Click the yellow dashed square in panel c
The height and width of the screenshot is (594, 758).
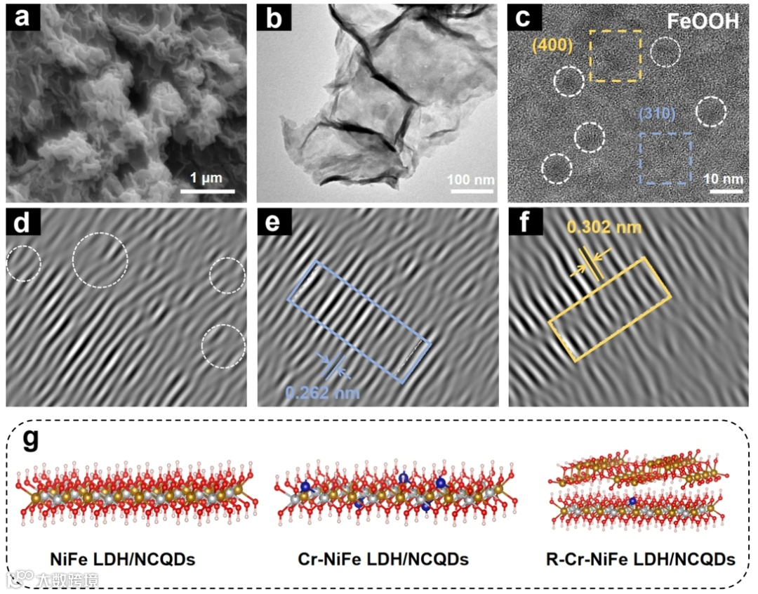point(615,56)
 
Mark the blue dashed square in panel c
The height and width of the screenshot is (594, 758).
point(665,158)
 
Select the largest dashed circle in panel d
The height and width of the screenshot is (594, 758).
point(100,260)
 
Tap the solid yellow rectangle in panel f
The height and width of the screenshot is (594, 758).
point(609,310)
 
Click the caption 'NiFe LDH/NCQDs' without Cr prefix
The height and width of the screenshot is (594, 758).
point(123,560)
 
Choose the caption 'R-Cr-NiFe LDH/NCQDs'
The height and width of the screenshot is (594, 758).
point(641,560)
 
